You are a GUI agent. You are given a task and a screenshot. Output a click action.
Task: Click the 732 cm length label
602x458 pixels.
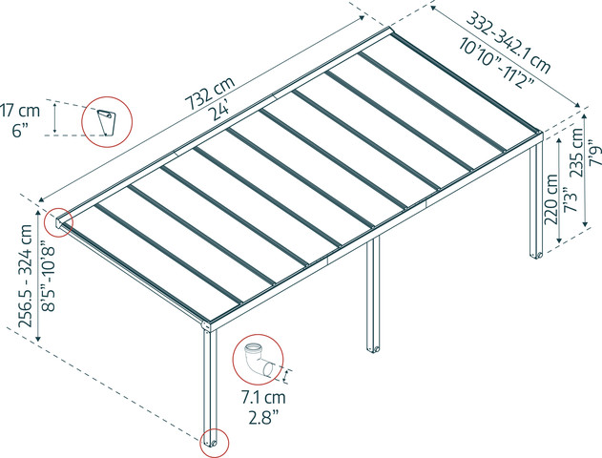pos(210,94)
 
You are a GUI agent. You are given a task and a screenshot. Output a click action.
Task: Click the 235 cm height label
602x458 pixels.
pos(576,153)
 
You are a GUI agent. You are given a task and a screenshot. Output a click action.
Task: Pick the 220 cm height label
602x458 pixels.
pos(551,199)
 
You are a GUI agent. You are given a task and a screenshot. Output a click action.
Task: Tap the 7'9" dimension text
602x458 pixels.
pos(594,155)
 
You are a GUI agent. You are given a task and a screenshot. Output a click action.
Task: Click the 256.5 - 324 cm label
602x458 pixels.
pos(26,276)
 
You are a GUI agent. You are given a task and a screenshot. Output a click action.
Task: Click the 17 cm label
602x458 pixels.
pos(20,111)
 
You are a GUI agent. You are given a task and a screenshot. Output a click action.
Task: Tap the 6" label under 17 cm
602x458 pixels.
pos(20,131)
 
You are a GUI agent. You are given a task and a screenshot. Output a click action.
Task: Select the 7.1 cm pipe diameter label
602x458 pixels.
pos(263,398)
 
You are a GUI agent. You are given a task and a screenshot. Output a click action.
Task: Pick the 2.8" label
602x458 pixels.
pos(263,418)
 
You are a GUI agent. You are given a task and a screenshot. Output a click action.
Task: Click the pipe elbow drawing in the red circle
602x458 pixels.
pos(259,360)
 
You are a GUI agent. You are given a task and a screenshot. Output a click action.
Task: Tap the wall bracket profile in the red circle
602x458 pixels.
pos(105,122)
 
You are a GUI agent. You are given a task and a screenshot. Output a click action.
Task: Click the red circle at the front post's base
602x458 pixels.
pos(215,428)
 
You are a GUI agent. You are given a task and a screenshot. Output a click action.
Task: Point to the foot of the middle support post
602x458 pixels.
pos(373,349)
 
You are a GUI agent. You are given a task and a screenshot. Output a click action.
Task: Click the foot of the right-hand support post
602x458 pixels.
pos(536,255)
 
